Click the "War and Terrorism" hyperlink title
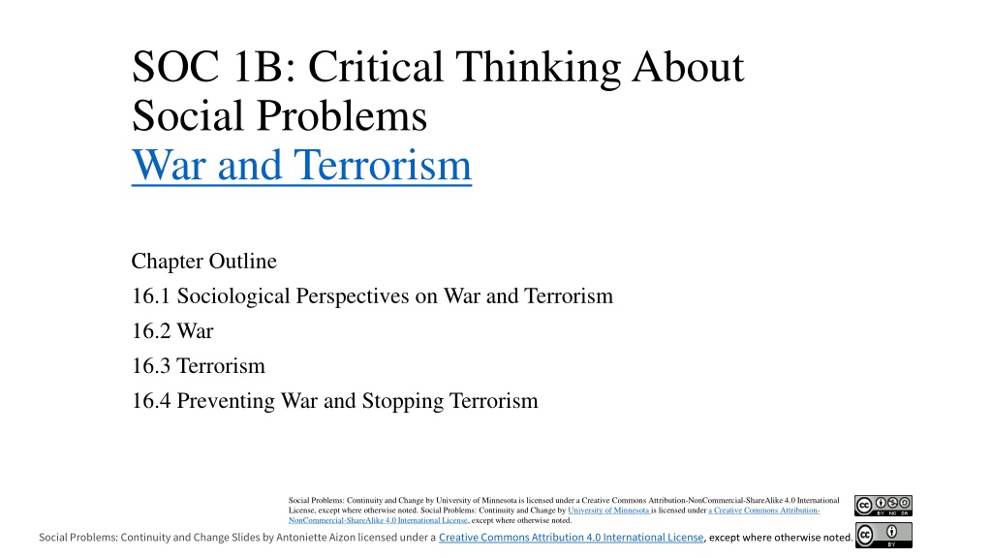[x=302, y=165]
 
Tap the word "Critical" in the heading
[x=375, y=67]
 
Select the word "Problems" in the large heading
[x=342, y=116]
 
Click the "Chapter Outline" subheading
[x=203, y=261]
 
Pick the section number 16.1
[x=150, y=296]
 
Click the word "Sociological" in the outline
[x=233, y=296]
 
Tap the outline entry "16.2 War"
[x=172, y=331]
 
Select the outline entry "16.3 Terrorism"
[x=199, y=365]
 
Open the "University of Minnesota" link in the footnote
[x=608, y=511]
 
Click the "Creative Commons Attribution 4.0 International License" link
[x=572, y=537]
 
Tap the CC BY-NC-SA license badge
[x=883, y=506]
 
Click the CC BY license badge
[x=883, y=535]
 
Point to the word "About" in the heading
[x=689, y=67]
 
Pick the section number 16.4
[x=150, y=401]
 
